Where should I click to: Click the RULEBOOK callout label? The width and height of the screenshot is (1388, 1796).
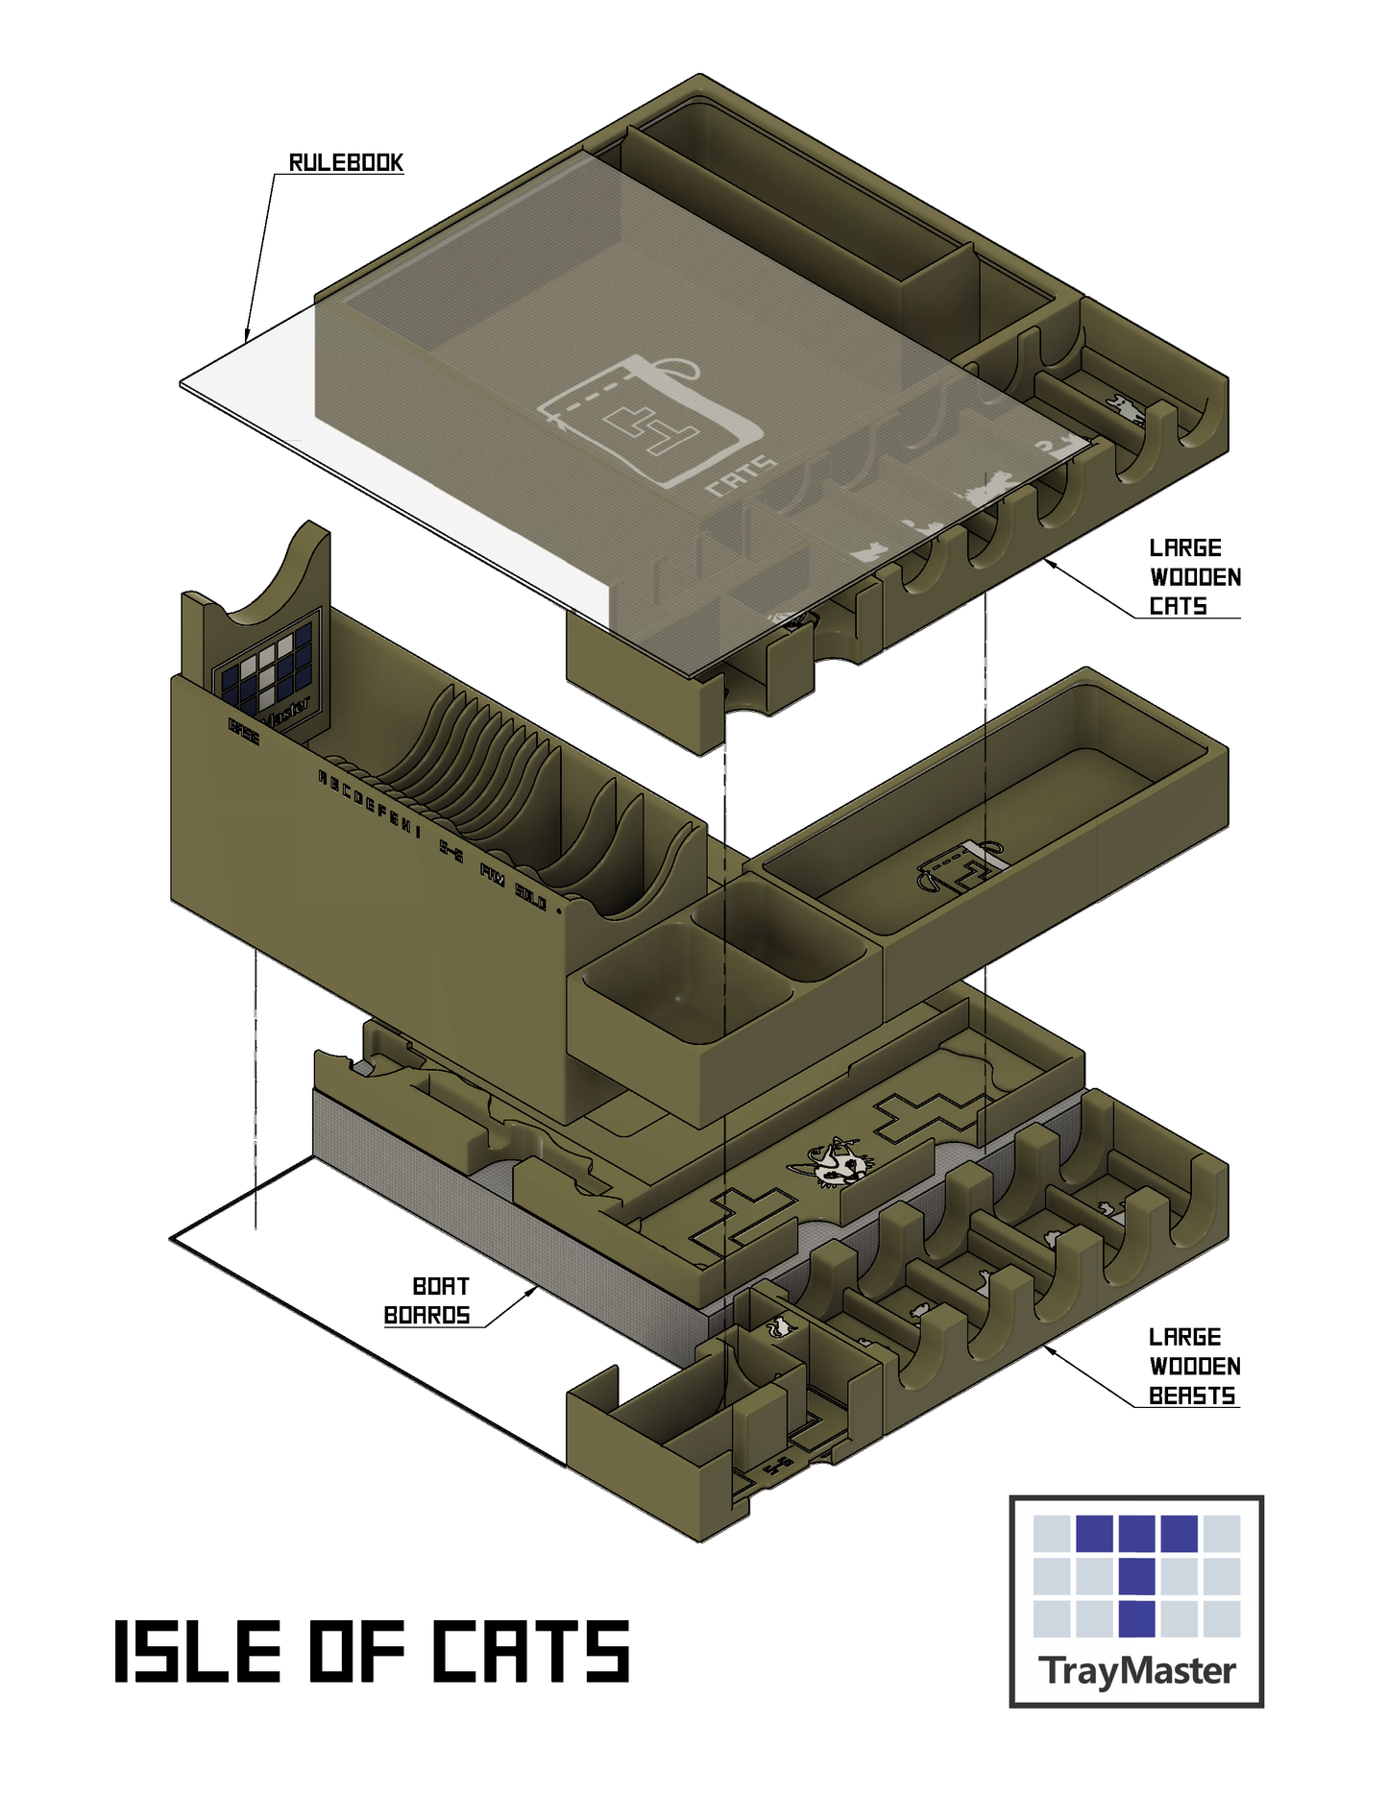(346, 162)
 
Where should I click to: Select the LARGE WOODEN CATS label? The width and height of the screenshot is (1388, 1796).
(1193, 577)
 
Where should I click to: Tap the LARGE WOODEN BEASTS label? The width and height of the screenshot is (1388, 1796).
(1193, 1366)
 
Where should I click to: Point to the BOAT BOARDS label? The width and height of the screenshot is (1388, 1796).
(428, 1300)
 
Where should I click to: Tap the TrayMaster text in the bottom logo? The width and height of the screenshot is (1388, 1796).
(1136, 1670)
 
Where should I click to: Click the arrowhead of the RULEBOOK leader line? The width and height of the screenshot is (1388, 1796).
(248, 335)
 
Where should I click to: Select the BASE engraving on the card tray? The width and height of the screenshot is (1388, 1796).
(244, 731)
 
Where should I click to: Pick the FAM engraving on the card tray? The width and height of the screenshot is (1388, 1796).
(492, 875)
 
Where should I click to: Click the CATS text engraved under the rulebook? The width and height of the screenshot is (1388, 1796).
(741, 476)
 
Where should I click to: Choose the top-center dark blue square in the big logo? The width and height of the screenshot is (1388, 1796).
(1136, 1534)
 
